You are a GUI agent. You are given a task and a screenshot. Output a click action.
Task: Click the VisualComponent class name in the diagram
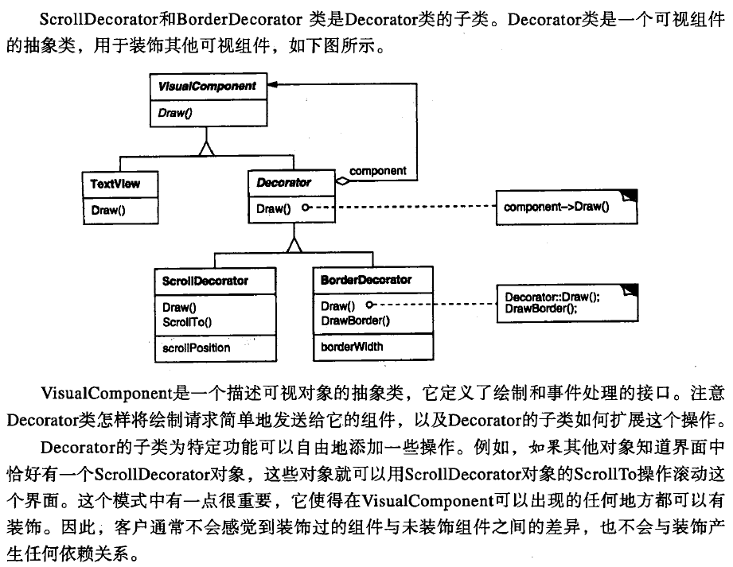point(206,86)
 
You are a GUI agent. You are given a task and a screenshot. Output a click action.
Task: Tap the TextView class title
point(115,184)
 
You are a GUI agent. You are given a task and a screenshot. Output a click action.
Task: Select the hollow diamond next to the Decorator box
point(341,182)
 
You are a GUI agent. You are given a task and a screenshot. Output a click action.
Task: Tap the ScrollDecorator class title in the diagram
point(205,281)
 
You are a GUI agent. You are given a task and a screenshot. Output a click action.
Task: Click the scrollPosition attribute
point(196,348)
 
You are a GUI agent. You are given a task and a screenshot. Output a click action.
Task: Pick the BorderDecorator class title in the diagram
point(366,280)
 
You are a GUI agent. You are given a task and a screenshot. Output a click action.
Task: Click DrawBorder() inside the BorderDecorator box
point(355,320)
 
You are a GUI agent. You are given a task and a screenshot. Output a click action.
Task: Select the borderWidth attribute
point(352,347)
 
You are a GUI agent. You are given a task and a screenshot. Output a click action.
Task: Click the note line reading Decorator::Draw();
point(552,297)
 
